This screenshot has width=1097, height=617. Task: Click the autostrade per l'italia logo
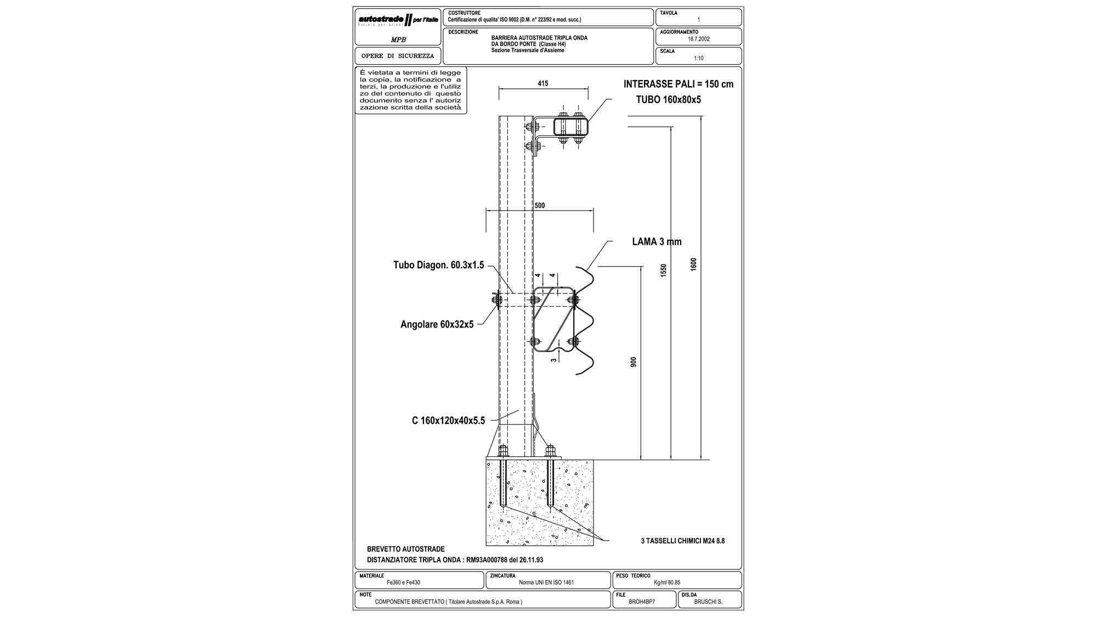[x=398, y=21]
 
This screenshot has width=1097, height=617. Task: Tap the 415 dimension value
[x=543, y=84]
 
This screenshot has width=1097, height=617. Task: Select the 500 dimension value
[x=540, y=206]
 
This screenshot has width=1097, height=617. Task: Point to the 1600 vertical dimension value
[x=693, y=264]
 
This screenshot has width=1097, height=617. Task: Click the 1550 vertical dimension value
[x=664, y=270]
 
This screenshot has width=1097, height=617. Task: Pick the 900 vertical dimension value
[x=634, y=362]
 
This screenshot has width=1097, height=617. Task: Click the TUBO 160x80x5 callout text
[x=668, y=100]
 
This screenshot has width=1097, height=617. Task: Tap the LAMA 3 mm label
[x=657, y=242]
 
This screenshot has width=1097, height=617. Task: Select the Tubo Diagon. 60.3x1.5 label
[x=439, y=265]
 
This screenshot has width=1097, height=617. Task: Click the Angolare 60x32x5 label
[x=437, y=325]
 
